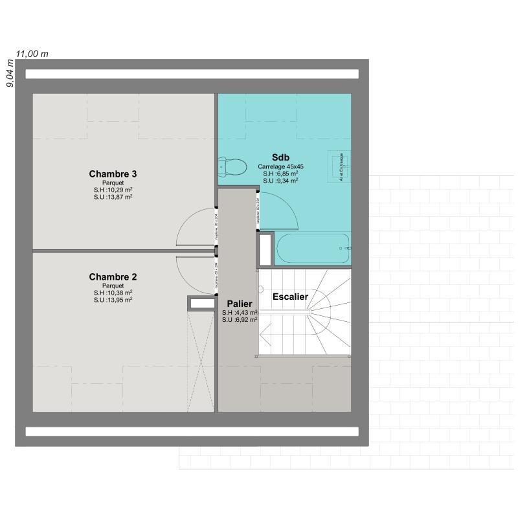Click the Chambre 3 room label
[113, 174]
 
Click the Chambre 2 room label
[113, 277]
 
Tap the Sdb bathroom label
[280, 157]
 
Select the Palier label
[239, 303]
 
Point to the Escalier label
[290, 297]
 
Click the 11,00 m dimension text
[32, 54]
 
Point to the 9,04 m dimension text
[9, 74]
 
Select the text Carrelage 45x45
[280, 166]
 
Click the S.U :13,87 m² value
[113, 197]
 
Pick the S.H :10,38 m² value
[113, 293]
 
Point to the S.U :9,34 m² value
[280, 181]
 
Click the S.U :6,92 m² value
[239, 320]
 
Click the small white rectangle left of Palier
[202, 302]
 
